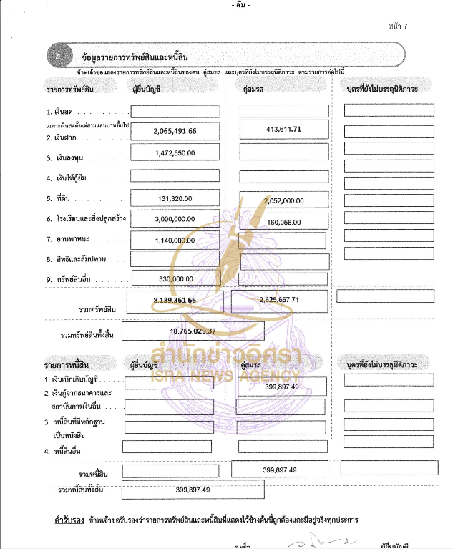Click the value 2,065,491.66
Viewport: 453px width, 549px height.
(175, 132)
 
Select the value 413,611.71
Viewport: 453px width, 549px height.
(283, 129)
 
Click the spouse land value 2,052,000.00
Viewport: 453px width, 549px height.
(284, 201)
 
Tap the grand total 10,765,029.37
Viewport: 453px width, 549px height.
(194, 331)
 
